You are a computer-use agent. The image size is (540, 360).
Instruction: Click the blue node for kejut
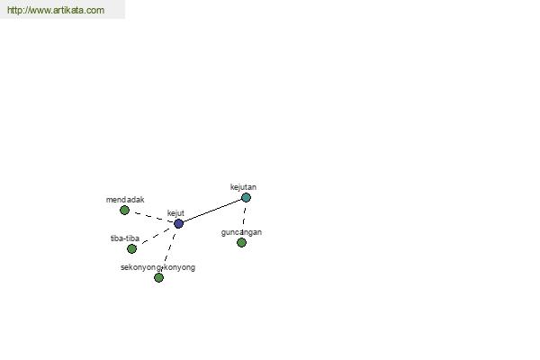[178, 223]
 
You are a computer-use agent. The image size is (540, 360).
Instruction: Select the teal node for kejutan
[246, 197]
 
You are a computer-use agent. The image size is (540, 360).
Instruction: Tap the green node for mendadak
[125, 210]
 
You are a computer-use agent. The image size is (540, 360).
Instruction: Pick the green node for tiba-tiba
[132, 248]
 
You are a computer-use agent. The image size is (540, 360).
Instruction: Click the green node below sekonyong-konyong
[158, 278]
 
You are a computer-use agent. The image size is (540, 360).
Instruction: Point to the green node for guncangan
[242, 242]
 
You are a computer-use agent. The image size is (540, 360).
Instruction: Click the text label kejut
[175, 213]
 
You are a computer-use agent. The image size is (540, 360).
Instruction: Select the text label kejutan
[243, 187]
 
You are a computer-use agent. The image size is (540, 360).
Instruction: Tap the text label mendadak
[125, 200]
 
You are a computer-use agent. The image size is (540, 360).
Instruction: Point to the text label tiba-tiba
[125, 238]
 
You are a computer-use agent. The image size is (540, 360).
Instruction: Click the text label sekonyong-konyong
[157, 267]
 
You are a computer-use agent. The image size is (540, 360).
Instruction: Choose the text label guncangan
[241, 232]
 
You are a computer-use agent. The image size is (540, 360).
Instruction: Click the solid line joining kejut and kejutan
[212, 211]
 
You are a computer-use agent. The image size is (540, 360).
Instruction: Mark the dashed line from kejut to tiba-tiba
[156, 236]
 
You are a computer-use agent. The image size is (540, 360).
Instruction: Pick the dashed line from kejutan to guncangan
[244, 216]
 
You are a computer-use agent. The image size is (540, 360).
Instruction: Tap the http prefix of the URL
[13, 10]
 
